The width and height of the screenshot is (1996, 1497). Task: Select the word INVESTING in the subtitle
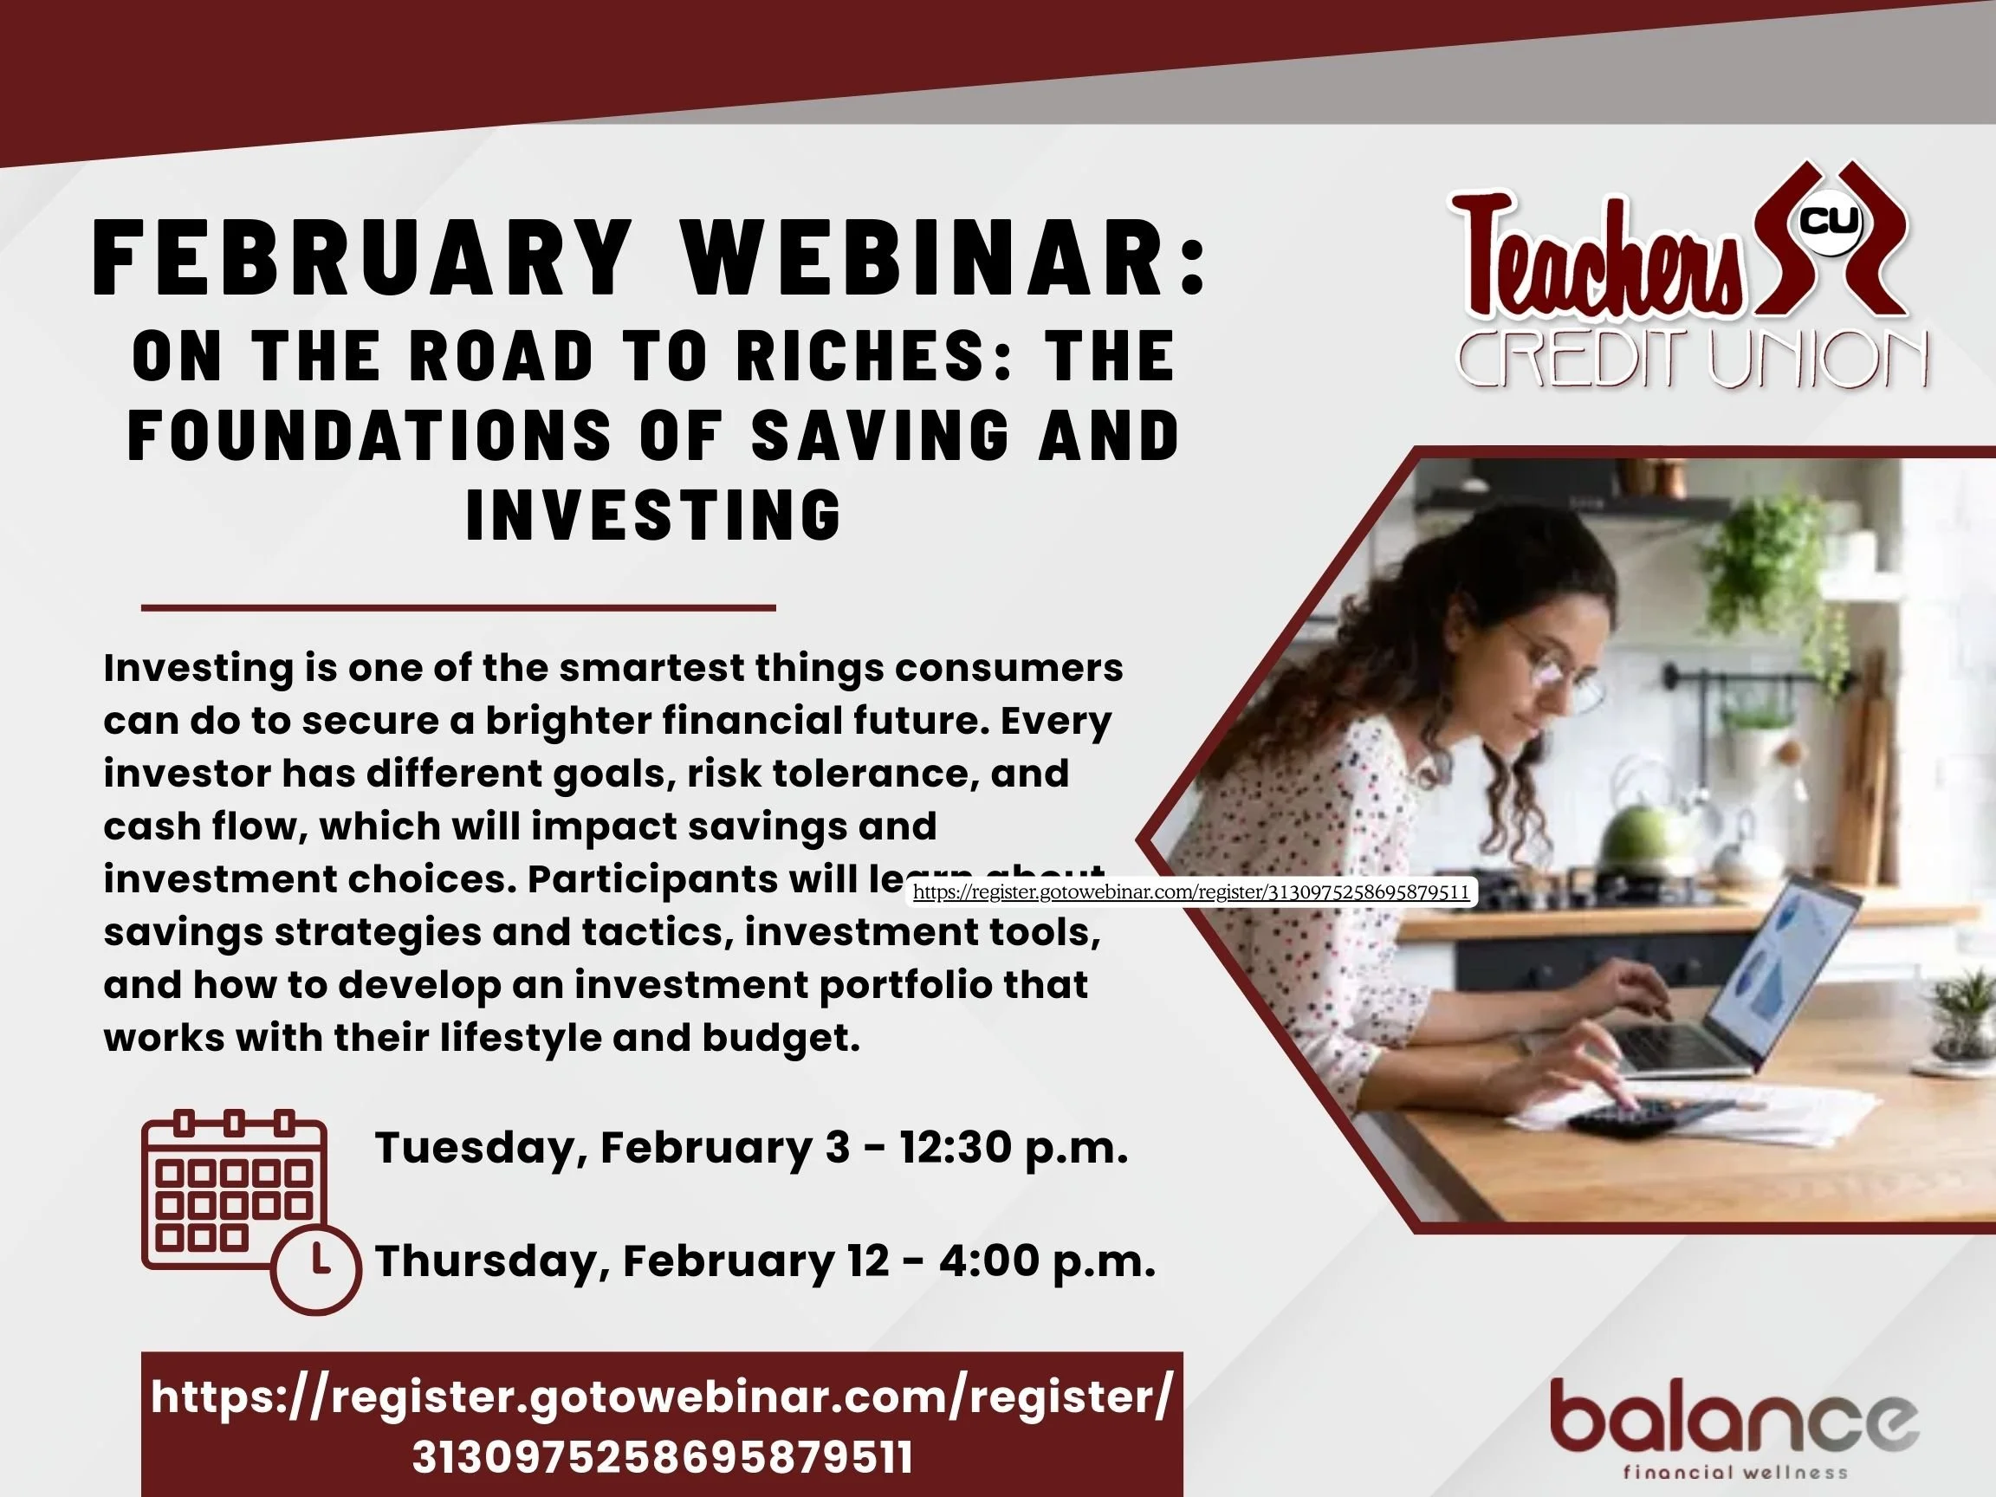coord(653,515)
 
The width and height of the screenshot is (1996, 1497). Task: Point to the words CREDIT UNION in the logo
coord(1692,360)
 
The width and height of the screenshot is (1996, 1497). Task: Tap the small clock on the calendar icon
coord(317,1267)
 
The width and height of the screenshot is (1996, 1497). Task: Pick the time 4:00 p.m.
coord(1047,1260)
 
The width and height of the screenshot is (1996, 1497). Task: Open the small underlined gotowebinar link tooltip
coord(1191,892)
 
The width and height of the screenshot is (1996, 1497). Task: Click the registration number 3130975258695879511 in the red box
coord(663,1456)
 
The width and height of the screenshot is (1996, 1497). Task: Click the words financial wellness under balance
coord(1734,1473)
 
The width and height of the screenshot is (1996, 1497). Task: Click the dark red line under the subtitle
coord(458,608)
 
